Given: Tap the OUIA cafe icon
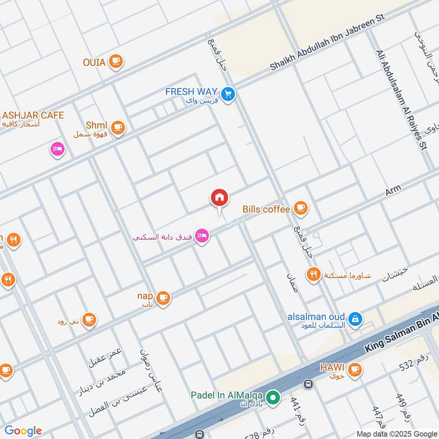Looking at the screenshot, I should (x=115, y=61).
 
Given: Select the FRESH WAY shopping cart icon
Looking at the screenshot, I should (x=229, y=94).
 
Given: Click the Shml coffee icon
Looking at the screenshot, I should (x=117, y=128).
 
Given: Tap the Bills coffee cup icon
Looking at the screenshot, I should (x=300, y=207).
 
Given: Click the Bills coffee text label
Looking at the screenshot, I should (x=266, y=209).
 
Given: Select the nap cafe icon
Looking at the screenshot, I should (x=163, y=298).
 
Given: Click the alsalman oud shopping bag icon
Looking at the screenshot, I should (x=355, y=318).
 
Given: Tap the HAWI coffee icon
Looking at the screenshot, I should (x=355, y=369).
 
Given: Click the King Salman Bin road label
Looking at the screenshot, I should (x=401, y=329).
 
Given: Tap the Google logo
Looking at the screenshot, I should (x=23, y=431).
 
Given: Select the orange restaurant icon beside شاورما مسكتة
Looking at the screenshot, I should (x=313, y=274).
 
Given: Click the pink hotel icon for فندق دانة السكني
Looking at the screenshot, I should (x=202, y=237).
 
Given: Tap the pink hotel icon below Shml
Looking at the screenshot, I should (x=58, y=149).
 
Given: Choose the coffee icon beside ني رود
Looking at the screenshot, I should (x=89, y=320).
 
